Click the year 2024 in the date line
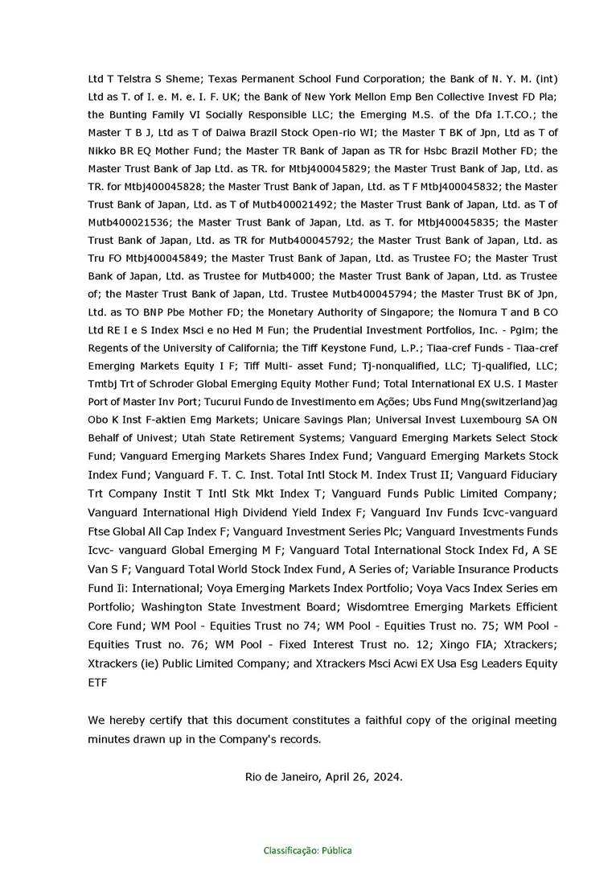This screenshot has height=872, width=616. [x=385, y=777]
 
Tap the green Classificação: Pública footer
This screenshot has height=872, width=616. [x=307, y=850]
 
